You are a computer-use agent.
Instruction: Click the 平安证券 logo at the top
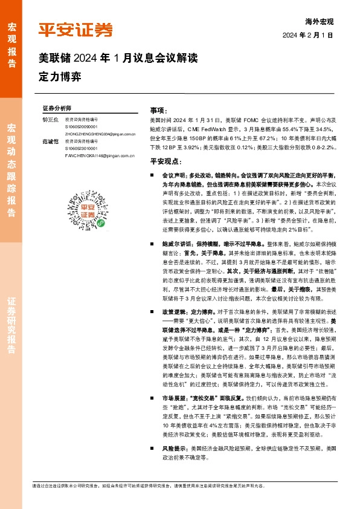76,30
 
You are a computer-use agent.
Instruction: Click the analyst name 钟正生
51,120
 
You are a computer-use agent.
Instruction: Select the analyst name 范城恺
51,141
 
